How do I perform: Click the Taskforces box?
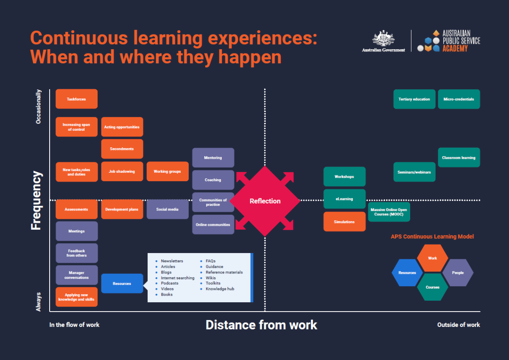pyautogui.click(x=76, y=99)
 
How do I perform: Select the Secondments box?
pyautogui.click(x=122, y=149)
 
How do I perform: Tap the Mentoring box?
pyautogui.click(x=213, y=157)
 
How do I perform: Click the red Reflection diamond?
pyautogui.click(x=265, y=201)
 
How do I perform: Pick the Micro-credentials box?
pyautogui.click(x=459, y=99)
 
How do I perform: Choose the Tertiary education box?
pyautogui.click(x=414, y=99)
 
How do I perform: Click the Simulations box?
pyautogui.click(x=344, y=222)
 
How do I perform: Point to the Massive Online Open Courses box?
pyautogui.click(x=389, y=212)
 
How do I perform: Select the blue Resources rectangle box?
pyautogui.click(x=122, y=283)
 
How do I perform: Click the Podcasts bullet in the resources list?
pyautogui.click(x=170, y=283)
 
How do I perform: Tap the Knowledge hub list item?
pyautogui.click(x=220, y=289)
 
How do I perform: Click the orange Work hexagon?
pyautogui.click(x=432, y=258)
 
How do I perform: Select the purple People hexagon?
pyautogui.click(x=458, y=273)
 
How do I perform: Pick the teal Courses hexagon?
pyautogui.click(x=432, y=287)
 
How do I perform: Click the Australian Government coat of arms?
pyautogui.click(x=383, y=39)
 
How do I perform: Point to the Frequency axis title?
pyautogui.click(x=36, y=200)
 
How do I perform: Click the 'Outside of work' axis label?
pyautogui.click(x=459, y=325)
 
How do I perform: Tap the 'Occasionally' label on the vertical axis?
pyautogui.click(x=39, y=106)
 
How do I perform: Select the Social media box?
pyautogui.click(x=167, y=209)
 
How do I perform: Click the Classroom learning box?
pyautogui.click(x=459, y=157)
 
